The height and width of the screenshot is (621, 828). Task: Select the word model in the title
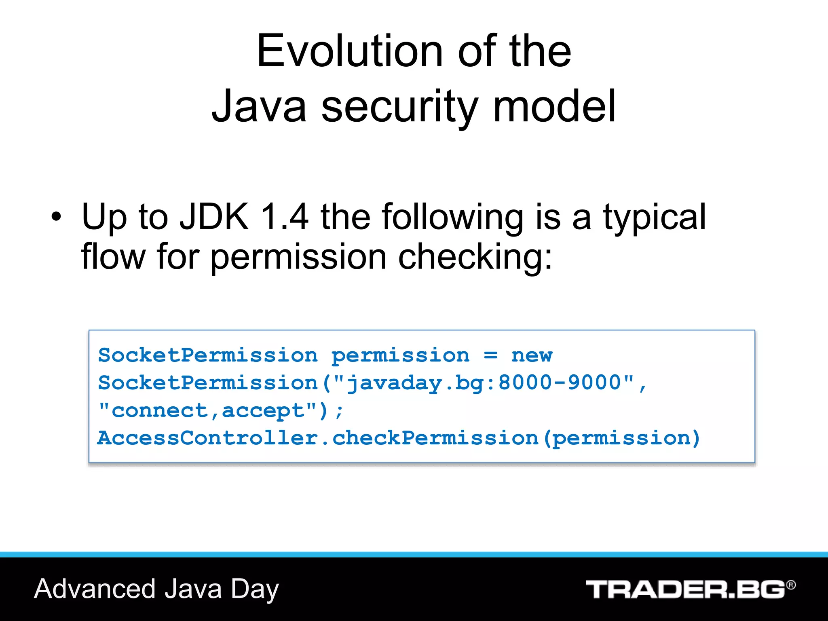(554, 106)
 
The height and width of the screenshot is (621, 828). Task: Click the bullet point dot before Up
(57, 217)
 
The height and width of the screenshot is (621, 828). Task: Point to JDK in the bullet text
(214, 217)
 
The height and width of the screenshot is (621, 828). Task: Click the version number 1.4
(285, 217)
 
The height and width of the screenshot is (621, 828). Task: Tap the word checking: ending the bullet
(475, 257)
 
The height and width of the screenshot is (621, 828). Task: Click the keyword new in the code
(532, 355)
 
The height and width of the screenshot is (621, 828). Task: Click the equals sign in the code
(490, 355)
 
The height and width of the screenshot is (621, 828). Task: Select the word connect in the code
(159, 411)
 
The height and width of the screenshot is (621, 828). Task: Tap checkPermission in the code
(435, 438)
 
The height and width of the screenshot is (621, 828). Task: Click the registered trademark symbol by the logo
(791, 585)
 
